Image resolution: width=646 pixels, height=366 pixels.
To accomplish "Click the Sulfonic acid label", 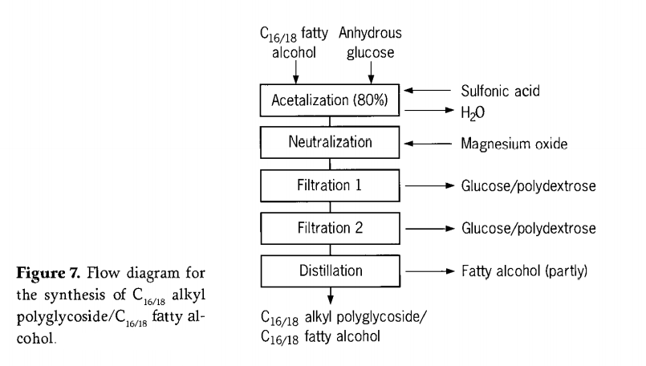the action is point(500,91).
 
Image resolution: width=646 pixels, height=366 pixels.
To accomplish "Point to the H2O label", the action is point(473,112).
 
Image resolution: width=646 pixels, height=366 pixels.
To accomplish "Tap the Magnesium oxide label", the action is point(514,144).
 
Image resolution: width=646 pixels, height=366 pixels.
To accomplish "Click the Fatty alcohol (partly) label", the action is point(525,271).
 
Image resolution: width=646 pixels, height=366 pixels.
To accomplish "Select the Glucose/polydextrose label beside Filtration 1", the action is point(529,186).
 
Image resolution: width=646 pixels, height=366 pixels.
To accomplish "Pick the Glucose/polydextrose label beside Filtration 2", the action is point(529,228).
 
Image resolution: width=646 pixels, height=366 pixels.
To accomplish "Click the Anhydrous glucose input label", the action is point(370,43).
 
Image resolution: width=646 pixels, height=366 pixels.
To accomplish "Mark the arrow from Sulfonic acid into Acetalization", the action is point(427,90).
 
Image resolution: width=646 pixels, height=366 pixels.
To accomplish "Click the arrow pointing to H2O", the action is point(429,110).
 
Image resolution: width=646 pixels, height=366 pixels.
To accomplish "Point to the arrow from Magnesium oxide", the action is point(428,144).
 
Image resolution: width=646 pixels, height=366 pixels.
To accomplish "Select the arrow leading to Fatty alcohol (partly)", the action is point(430,271).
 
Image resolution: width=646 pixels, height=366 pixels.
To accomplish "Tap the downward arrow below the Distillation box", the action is point(331,295).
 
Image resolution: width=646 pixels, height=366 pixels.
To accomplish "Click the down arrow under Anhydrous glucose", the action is point(371,72).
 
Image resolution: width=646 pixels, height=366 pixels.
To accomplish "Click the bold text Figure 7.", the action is point(48,273).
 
